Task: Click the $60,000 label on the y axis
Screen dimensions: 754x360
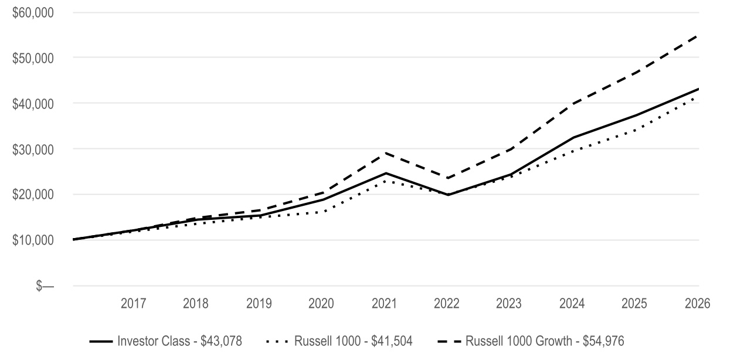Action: point(33,13)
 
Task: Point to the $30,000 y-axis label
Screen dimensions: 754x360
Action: point(33,150)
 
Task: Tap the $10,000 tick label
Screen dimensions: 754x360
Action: point(33,240)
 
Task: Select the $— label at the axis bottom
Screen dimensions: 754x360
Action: point(45,286)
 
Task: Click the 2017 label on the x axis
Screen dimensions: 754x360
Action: point(133,304)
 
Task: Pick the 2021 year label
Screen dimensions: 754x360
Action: point(384,304)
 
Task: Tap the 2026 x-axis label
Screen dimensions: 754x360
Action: point(698,304)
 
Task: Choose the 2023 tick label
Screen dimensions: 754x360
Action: point(508,304)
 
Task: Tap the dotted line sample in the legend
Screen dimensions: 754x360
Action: point(277,341)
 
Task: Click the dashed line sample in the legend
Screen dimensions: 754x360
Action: point(449,341)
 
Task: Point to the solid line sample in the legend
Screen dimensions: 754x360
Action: point(101,341)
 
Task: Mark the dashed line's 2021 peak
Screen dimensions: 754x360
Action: point(385,153)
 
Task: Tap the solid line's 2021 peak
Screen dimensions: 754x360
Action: point(385,173)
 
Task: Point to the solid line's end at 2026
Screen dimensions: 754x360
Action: point(699,89)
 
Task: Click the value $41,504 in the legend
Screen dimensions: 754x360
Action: point(392,341)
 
